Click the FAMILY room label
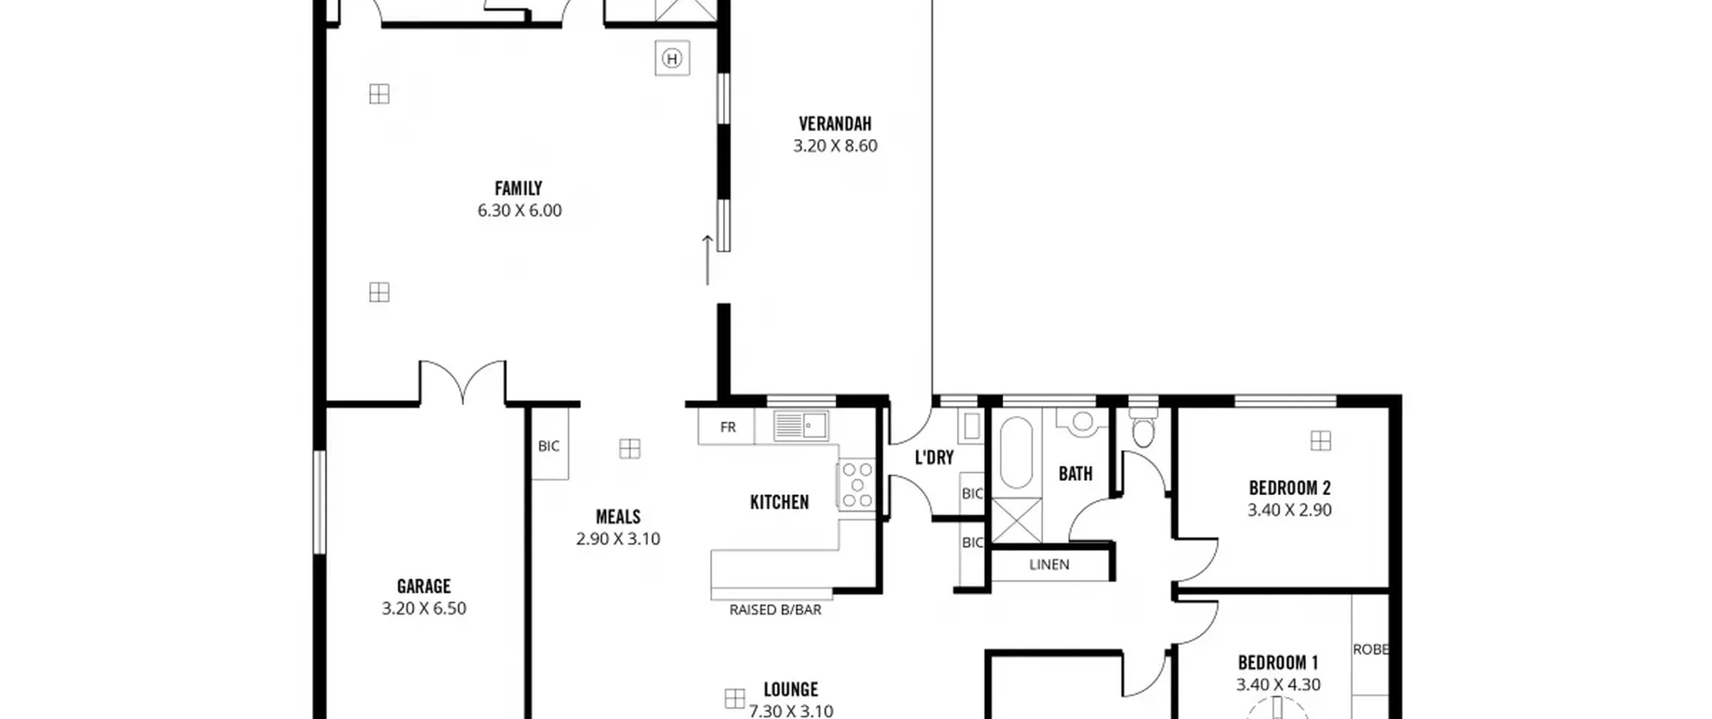tap(518, 189)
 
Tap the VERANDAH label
tap(835, 124)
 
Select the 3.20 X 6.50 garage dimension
tap(424, 609)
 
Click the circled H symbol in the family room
tap(672, 59)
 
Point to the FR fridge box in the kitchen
tap(727, 427)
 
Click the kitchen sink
tap(801, 425)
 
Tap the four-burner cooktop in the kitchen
tap(857, 484)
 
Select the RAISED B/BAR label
tap(775, 610)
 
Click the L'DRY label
tap(934, 458)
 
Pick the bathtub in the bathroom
tap(1016, 453)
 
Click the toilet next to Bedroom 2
tap(1144, 426)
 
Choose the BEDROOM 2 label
tap(1289, 488)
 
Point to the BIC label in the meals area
tap(548, 446)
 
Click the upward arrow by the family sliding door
tap(707, 260)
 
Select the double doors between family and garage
tap(463, 382)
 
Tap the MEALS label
tap(618, 517)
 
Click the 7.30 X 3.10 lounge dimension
tap(791, 711)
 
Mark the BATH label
tap(1075, 474)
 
